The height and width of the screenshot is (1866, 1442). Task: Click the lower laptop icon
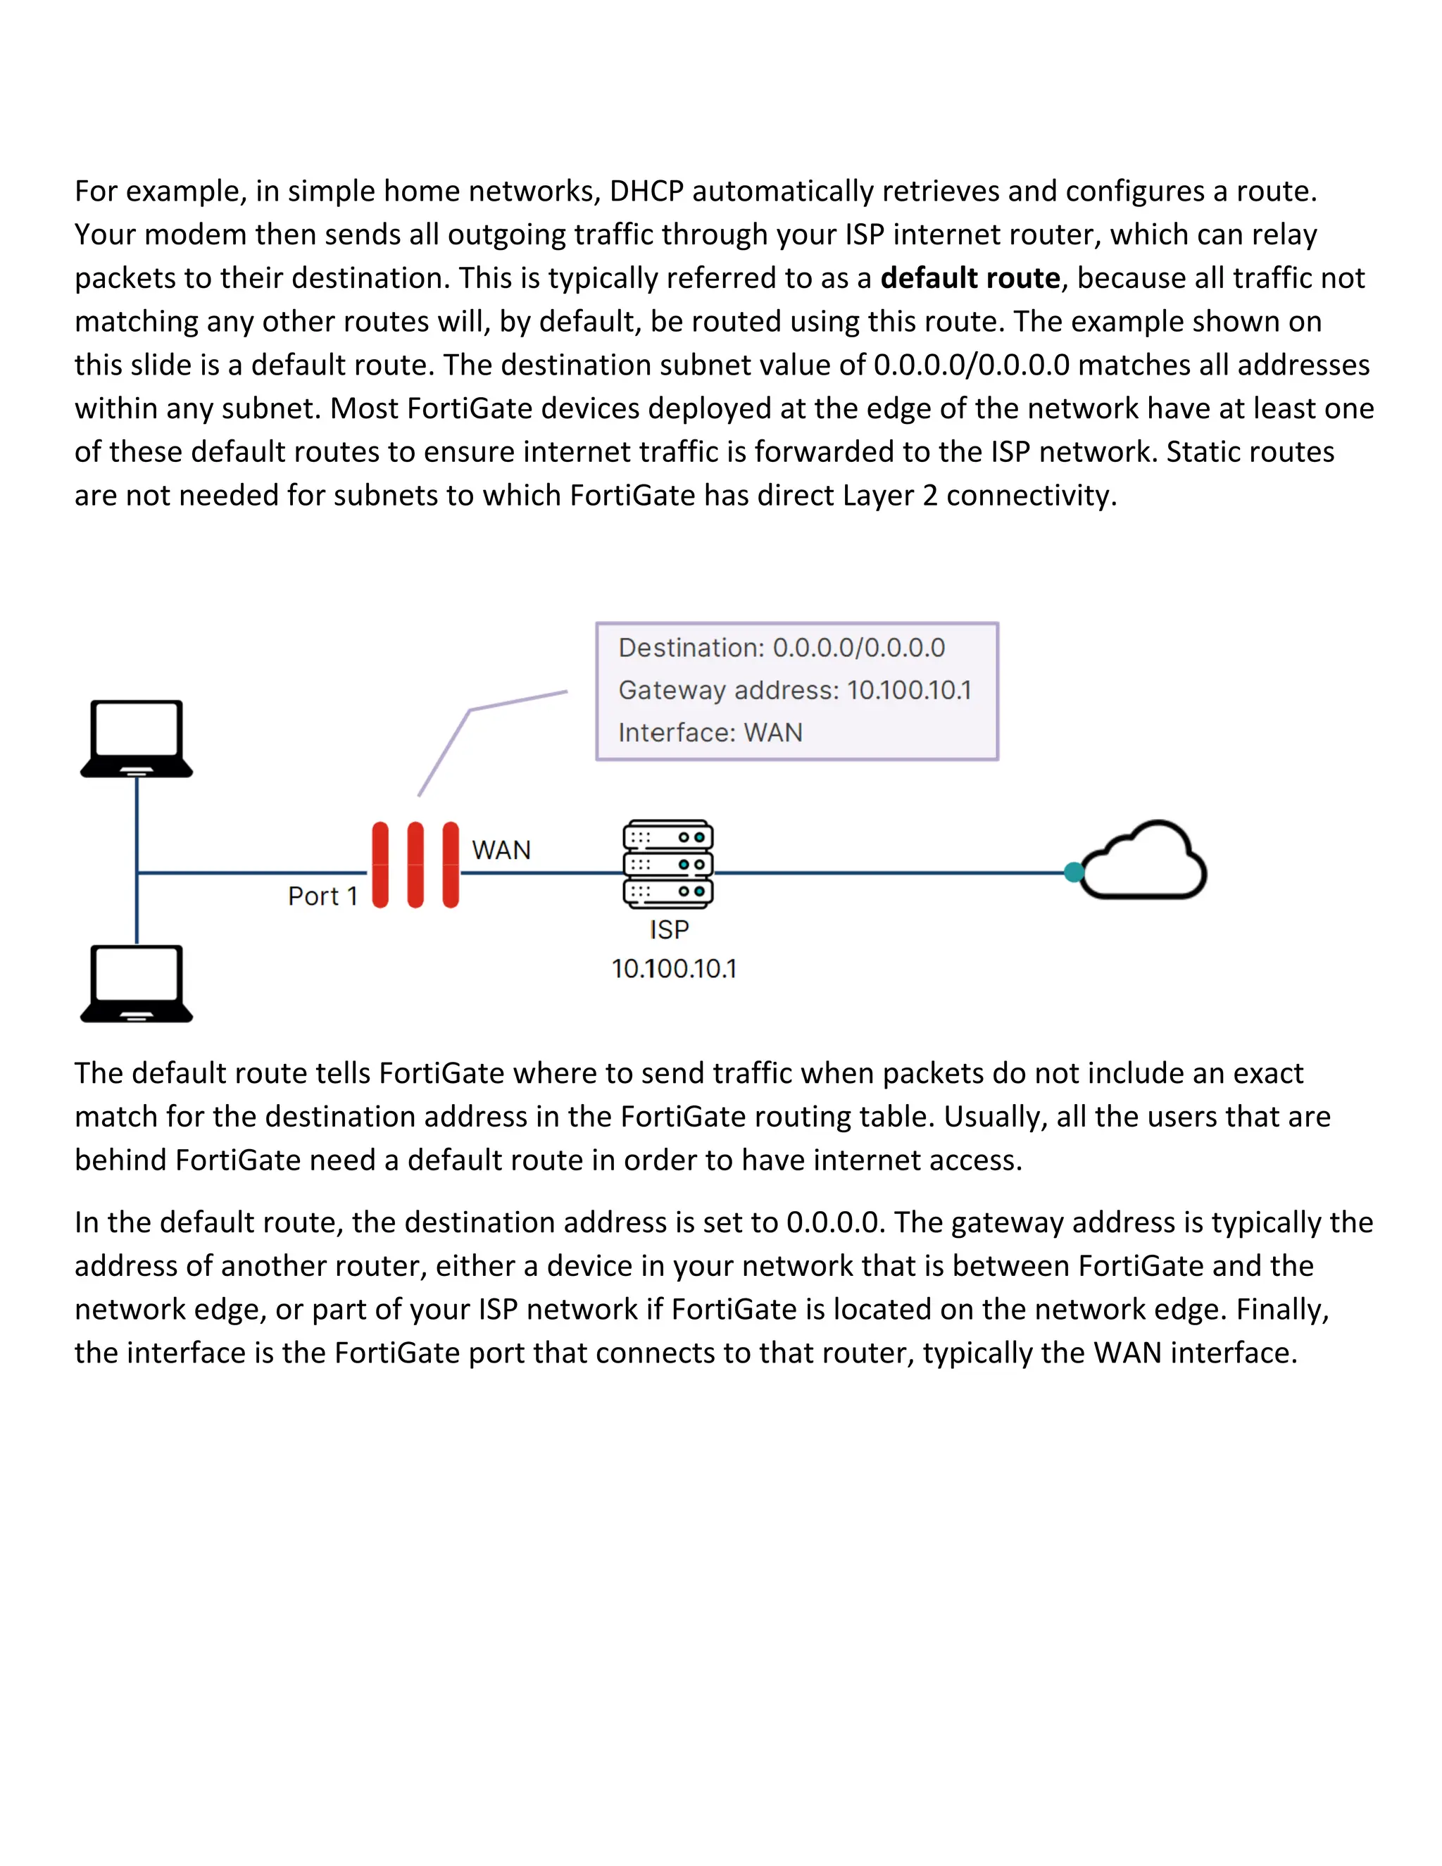pos(137,982)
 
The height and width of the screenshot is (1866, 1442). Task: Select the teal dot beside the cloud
pos(1074,872)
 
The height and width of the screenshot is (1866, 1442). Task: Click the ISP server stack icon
pos(668,864)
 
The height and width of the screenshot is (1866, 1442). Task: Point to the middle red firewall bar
pos(416,865)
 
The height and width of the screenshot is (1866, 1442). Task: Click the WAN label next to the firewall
pos(501,850)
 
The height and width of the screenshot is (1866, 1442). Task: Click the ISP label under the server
pos(669,929)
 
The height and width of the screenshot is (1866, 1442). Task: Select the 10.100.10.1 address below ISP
pos(674,969)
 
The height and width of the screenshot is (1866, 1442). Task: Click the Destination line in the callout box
pos(781,648)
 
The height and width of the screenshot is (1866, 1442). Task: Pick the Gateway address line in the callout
pos(794,690)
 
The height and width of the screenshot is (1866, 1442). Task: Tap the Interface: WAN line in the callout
pos(710,733)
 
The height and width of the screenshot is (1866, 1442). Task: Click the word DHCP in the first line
pos(646,192)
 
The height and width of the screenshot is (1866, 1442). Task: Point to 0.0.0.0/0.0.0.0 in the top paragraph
pos(971,365)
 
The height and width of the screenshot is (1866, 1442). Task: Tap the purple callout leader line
pos(468,712)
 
